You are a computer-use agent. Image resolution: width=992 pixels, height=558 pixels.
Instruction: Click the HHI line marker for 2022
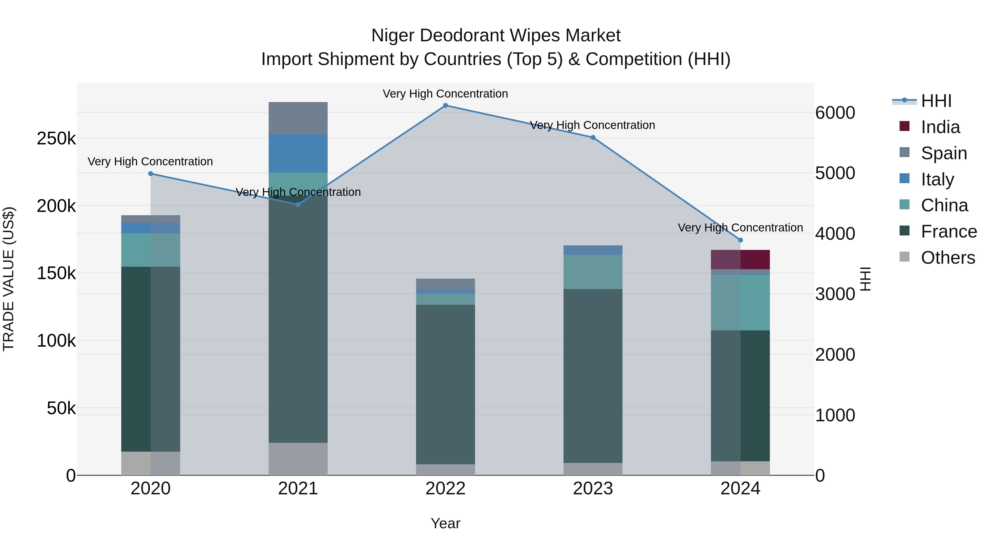coord(446,106)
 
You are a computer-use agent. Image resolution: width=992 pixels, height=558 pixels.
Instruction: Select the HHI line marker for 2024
coord(740,240)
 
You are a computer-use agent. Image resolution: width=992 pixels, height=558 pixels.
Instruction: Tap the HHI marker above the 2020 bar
coord(150,174)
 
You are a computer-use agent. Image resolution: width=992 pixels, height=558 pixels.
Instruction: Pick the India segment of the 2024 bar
coord(740,260)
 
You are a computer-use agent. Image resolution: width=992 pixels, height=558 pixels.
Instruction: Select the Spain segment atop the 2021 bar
coord(298,118)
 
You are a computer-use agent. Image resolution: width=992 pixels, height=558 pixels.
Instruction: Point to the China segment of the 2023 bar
coord(593,272)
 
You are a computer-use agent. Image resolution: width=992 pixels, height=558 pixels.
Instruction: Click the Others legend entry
coord(947,258)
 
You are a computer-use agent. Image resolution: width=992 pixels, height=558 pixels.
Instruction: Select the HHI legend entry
coord(936,101)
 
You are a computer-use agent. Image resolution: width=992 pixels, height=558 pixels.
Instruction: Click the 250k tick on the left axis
coord(56,138)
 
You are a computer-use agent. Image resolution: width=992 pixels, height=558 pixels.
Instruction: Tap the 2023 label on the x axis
coord(593,489)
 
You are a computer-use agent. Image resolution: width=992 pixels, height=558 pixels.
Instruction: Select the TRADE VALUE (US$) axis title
coord(9,279)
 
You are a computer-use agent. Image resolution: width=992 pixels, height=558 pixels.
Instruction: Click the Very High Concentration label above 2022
coord(445,94)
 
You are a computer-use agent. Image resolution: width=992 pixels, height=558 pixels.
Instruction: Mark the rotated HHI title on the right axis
coord(865,279)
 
